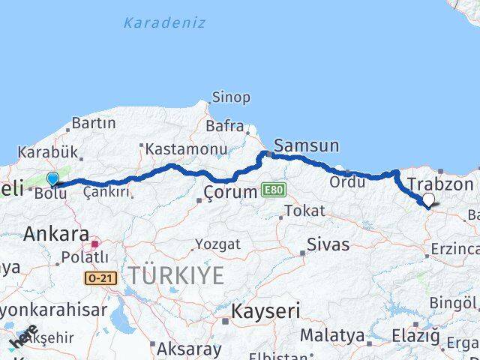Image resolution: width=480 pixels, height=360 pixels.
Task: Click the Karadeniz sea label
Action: (x=164, y=22)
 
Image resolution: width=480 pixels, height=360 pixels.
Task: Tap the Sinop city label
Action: (x=231, y=97)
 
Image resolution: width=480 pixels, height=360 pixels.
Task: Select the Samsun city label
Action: (x=307, y=145)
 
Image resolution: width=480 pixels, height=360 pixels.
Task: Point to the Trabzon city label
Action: (x=440, y=184)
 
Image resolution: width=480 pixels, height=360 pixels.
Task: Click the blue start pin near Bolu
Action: (x=52, y=178)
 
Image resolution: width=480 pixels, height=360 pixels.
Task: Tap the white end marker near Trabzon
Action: (x=428, y=199)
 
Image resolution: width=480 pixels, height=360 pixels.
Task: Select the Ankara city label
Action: (x=56, y=234)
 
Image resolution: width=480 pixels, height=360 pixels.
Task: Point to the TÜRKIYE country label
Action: (x=175, y=276)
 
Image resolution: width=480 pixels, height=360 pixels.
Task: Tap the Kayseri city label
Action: (x=265, y=310)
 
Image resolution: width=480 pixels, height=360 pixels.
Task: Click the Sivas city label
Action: (x=328, y=245)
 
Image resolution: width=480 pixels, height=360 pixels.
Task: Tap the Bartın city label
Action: (x=94, y=123)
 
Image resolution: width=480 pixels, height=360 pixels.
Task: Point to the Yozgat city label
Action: (x=217, y=244)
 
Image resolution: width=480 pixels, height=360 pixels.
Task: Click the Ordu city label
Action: (x=346, y=181)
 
